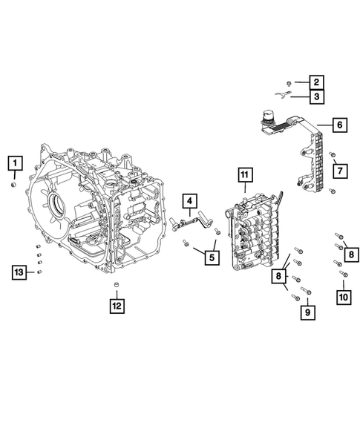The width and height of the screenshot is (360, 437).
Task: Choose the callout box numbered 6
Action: (338, 125)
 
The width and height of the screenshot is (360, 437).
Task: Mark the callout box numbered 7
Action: (338, 172)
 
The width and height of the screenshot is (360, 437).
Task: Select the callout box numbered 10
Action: (343, 297)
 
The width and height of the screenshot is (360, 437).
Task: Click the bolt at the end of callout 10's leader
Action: (343, 275)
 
